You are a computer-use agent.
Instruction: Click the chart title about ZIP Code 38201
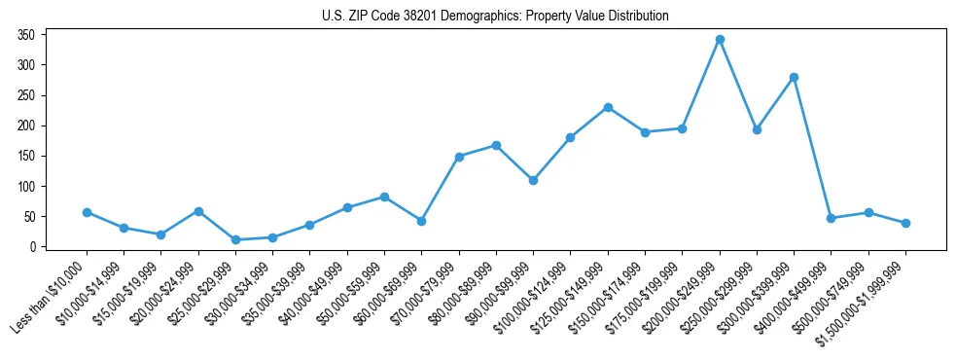tap(495, 17)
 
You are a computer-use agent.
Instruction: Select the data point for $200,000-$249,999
tap(720, 39)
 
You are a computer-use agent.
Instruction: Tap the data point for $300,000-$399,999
tap(794, 77)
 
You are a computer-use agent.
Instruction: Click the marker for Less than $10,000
tap(87, 212)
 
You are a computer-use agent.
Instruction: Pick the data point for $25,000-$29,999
tap(235, 239)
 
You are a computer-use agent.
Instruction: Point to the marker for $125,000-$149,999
tap(608, 107)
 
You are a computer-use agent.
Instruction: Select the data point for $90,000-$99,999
tap(533, 180)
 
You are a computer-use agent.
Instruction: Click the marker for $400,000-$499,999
tap(832, 218)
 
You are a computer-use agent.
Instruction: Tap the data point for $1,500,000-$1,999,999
tap(905, 223)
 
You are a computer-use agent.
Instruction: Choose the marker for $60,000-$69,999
tap(421, 221)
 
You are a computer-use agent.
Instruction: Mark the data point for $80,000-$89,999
tap(496, 145)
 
